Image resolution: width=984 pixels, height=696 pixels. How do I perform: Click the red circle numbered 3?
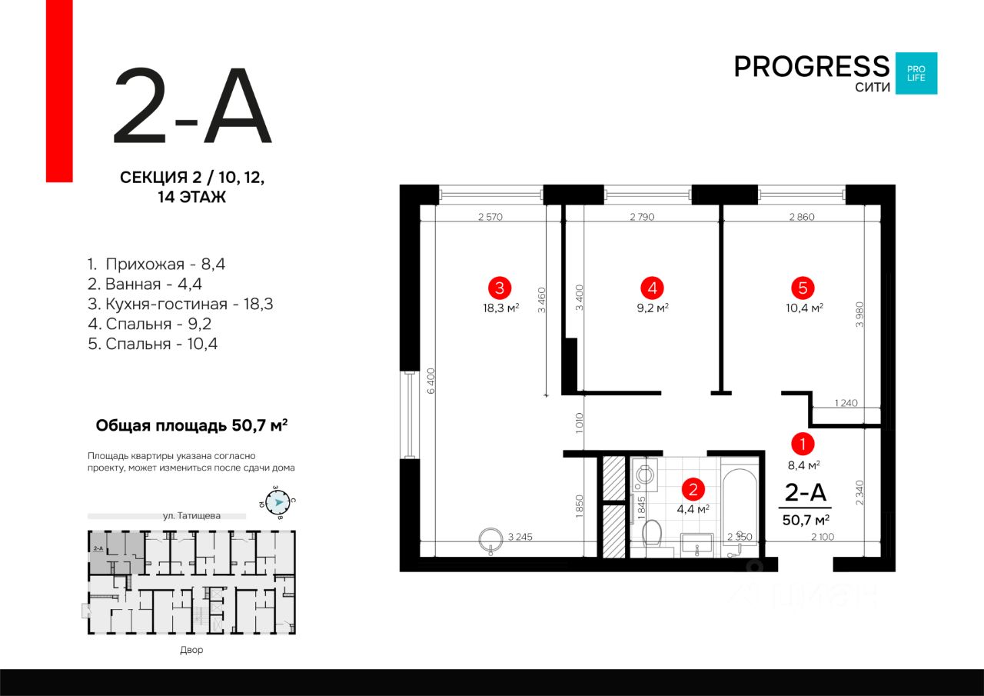click(500, 288)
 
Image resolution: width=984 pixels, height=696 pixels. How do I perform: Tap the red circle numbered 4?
click(652, 288)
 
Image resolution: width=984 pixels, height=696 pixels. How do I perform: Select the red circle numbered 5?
click(803, 288)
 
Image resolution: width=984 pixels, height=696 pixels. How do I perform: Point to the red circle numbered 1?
click(803, 444)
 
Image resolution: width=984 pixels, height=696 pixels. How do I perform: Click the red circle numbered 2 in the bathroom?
click(693, 488)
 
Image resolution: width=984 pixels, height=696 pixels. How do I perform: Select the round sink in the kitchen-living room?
click(489, 540)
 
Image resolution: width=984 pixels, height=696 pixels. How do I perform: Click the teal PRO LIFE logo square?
click(916, 73)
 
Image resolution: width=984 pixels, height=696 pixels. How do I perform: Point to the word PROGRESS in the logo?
click(811, 66)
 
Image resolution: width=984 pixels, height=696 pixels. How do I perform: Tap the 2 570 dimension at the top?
click(490, 218)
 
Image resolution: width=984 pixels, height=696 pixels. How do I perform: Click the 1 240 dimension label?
click(845, 403)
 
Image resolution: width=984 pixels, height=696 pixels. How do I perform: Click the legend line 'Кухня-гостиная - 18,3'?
click(180, 304)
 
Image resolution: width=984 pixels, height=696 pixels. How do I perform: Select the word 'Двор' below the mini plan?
click(191, 651)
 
